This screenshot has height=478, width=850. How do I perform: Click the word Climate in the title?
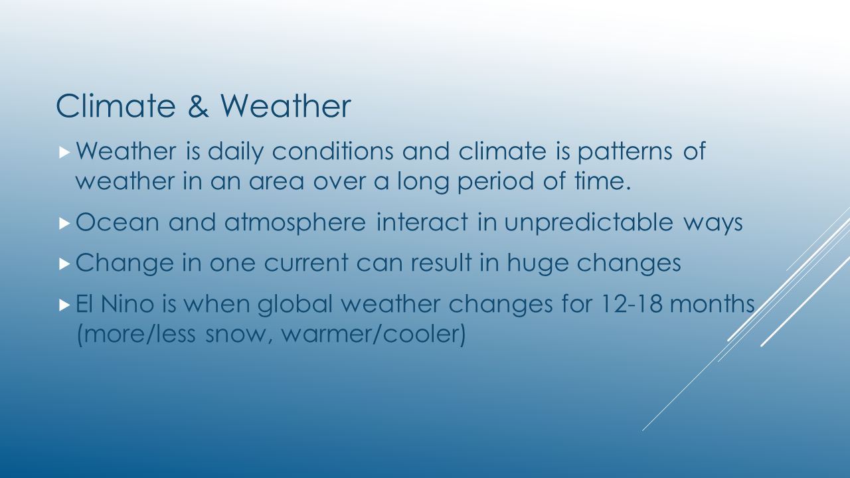point(116,106)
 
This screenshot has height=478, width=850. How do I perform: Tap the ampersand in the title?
point(198,106)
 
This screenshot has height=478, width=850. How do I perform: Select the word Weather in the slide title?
point(286,106)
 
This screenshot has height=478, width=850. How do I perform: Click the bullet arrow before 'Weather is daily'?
point(65,153)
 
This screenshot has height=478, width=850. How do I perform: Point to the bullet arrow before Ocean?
point(65,224)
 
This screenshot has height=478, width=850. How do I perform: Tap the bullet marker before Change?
point(65,264)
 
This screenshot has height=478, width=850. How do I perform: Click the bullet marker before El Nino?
point(65,305)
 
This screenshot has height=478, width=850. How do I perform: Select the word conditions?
point(333,151)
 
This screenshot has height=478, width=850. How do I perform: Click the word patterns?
point(625,153)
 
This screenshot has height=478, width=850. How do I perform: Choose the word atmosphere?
point(296,223)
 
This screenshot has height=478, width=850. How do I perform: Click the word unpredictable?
point(588,223)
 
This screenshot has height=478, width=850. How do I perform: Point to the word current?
point(306,263)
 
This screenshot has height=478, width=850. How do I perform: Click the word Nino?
point(127,303)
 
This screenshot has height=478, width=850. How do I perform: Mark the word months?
point(713,303)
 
